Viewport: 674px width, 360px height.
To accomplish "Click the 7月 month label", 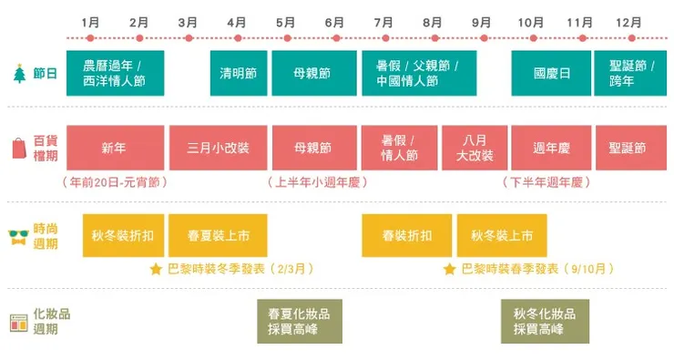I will pyautogui.click(x=383, y=22).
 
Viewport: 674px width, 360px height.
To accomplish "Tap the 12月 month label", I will pyautogui.click(x=628, y=22).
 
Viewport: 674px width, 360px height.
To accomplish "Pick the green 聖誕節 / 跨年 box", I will pyautogui.click(x=629, y=73).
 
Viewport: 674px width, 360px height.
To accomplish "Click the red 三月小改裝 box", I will pyautogui.click(x=217, y=148).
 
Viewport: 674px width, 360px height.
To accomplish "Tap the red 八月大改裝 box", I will pyautogui.click(x=475, y=148).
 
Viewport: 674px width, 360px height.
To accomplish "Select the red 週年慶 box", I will pyautogui.click(x=549, y=148).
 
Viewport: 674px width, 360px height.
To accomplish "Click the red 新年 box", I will pyautogui.click(x=114, y=148).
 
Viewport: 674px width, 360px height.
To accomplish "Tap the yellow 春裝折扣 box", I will pyautogui.click(x=406, y=236).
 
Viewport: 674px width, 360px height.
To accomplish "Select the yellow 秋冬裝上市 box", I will pyautogui.click(x=502, y=236).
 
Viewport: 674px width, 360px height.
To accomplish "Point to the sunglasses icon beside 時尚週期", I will pyautogui.click(x=18, y=237).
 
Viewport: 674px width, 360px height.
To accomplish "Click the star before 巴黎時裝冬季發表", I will pyautogui.click(x=156, y=269).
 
